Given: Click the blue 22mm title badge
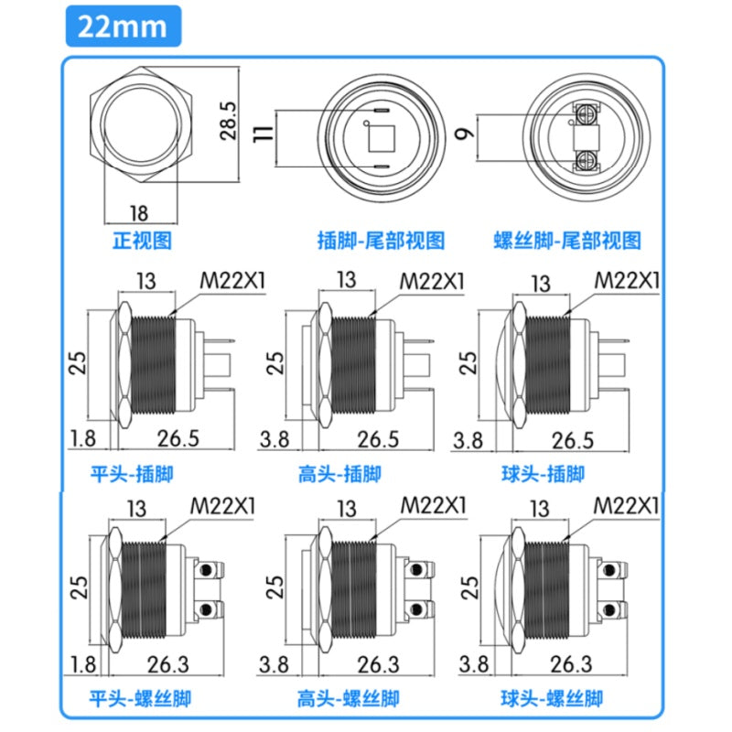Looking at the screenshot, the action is coord(124,27).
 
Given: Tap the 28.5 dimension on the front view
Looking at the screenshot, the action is coord(228,121).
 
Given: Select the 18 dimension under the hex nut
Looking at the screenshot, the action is coord(139,213).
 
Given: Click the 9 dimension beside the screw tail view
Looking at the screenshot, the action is coord(465,134).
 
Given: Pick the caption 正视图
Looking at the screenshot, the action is coord(143,241).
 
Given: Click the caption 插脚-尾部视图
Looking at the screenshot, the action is coord(381,241).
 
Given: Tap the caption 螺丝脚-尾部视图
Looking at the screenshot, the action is coord(567,241).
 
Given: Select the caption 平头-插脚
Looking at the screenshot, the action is coord(132,474).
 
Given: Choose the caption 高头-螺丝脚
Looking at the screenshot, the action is coord(349,699).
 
